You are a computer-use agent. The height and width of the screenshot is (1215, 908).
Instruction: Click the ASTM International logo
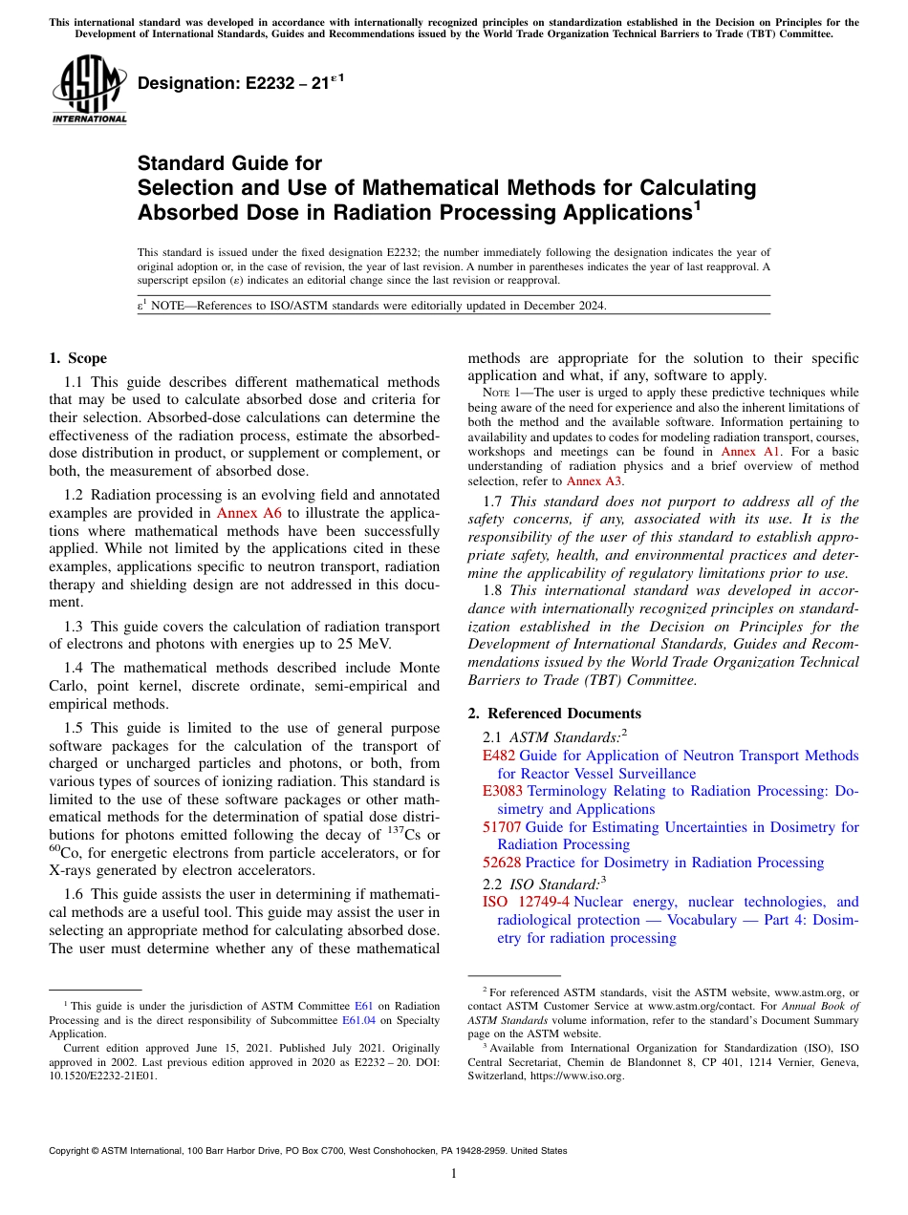[x=89, y=91]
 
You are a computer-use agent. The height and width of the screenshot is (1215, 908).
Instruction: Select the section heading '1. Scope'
[x=77, y=358]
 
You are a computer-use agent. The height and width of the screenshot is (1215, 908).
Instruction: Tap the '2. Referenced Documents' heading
[x=553, y=714]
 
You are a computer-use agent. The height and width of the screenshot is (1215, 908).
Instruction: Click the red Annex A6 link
[x=249, y=512]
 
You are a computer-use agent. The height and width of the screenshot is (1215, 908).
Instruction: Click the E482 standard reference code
[x=498, y=756]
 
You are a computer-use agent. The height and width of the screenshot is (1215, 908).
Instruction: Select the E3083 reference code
[x=502, y=791]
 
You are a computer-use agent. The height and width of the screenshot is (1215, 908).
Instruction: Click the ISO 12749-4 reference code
[x=526, y=902]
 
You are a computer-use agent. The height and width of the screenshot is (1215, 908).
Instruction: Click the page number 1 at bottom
[x=454, y=1174]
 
